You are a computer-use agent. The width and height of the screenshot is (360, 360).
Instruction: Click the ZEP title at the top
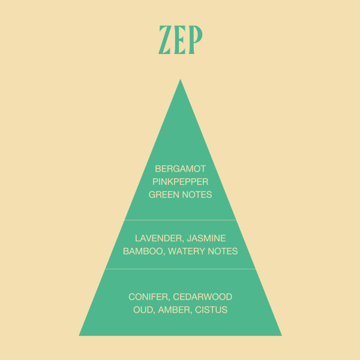[180, 40]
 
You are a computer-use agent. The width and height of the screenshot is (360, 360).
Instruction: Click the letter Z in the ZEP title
[166, 40]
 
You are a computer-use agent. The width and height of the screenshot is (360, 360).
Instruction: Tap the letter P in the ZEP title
[194, 40]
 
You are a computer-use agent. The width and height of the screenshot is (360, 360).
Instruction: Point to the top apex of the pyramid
[180, 80]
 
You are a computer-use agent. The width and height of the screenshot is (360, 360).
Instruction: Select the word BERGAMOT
[180, 169]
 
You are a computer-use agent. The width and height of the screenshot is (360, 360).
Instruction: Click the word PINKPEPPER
[180, 182]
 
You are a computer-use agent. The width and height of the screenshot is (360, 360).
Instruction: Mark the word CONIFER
[146, 297]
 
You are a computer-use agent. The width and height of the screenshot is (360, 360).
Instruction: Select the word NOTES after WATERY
[223, 251]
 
